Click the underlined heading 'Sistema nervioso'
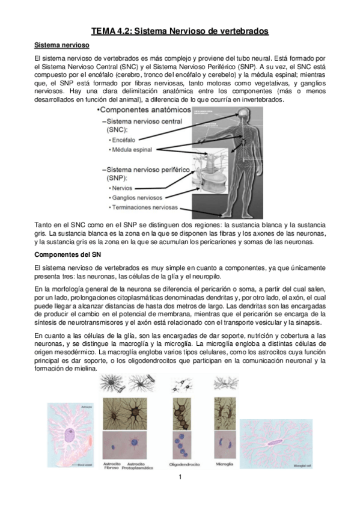[62, 45]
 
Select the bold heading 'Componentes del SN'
[70, 254]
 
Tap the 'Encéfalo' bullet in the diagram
[122, 140]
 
